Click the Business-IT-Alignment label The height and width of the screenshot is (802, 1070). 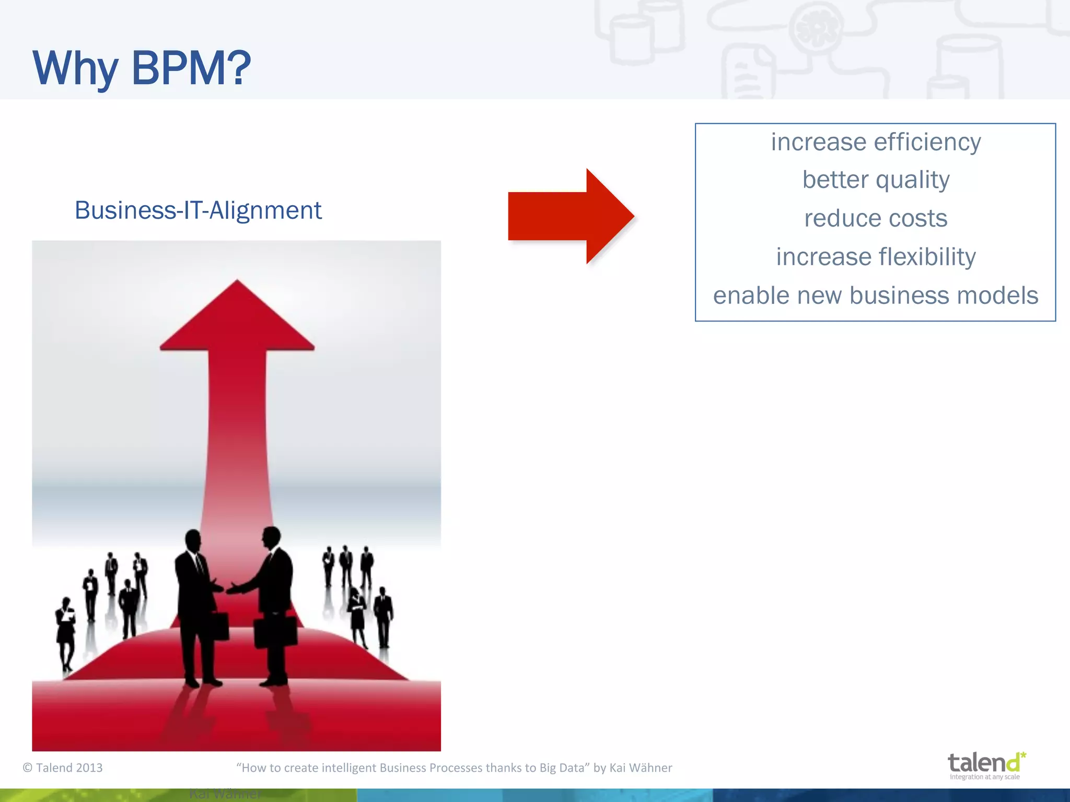[198, 210]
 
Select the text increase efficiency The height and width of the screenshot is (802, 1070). [876, 142]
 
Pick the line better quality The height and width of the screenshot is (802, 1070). [876, 180]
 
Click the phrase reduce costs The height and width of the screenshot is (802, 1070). [876, 218]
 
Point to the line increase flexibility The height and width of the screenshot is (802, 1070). [876, 257]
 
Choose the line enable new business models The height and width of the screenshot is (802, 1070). [876, 296]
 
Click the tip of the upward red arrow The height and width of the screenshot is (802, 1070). [237, 285]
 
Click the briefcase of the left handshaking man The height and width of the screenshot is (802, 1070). [219, 627]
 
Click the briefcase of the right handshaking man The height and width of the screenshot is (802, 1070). [275, 632]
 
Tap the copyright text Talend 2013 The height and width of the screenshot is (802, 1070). [63, 768]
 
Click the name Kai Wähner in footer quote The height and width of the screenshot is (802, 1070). [641, 768]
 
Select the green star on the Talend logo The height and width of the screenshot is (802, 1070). [1023, 755]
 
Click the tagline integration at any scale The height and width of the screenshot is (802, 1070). [984, 777]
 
